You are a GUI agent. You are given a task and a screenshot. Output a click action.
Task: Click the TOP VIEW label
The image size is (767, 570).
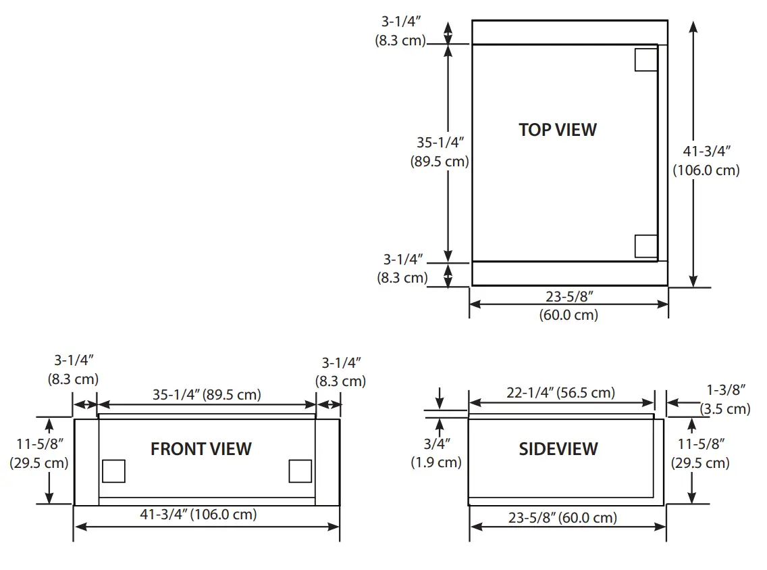(558, 130)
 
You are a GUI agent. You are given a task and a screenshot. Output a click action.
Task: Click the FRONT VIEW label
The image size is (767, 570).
(201, 449)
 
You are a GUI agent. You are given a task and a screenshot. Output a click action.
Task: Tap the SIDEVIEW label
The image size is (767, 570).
(558, 449)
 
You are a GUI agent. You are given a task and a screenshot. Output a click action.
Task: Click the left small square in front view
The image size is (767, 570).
(113, 471)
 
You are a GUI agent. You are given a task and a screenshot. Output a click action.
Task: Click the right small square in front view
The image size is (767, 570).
(300, 471)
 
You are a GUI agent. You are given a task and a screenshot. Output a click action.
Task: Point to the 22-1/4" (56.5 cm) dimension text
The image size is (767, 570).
(561, 393)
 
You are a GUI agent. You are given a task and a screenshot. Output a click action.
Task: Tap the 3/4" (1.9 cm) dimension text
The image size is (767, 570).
(436, 453)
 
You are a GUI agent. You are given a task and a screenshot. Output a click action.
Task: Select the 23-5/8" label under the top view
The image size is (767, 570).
(568, 295)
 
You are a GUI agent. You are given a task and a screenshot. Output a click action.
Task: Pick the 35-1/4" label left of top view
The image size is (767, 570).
(440, 143)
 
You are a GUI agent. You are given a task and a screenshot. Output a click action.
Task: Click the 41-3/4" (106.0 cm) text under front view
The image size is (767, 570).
(199, 515)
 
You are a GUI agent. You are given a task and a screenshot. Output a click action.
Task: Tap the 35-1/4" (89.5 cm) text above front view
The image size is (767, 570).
(206, 394)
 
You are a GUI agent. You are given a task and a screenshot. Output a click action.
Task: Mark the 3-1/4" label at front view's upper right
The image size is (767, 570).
(340, 363)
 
